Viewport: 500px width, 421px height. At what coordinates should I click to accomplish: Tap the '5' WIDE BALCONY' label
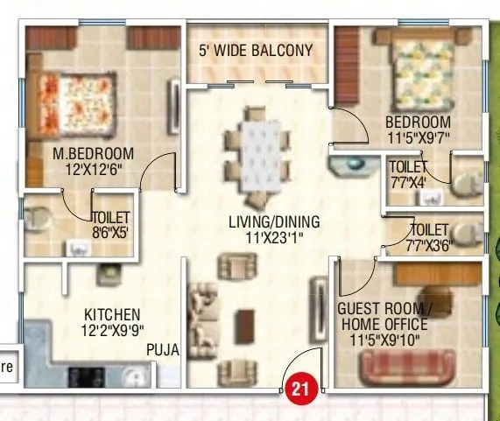click(255, 50)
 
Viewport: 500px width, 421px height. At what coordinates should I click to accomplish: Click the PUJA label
click(163, 350)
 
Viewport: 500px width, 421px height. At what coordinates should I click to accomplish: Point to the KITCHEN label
click(111, 314)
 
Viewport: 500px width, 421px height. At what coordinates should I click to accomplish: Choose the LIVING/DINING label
click(274, 221)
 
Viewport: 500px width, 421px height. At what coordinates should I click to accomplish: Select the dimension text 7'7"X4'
click(409, 182)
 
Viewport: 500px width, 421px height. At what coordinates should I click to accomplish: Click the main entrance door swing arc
click(306, 364)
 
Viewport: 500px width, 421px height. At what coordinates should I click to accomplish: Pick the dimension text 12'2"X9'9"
click(111, 330)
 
